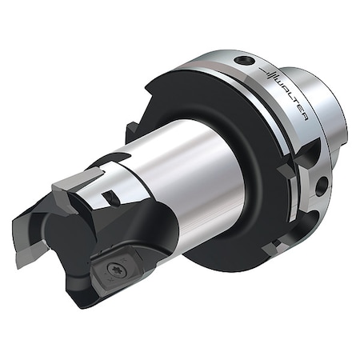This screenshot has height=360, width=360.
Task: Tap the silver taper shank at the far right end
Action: pyautogui.click(x=328, y=120)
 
